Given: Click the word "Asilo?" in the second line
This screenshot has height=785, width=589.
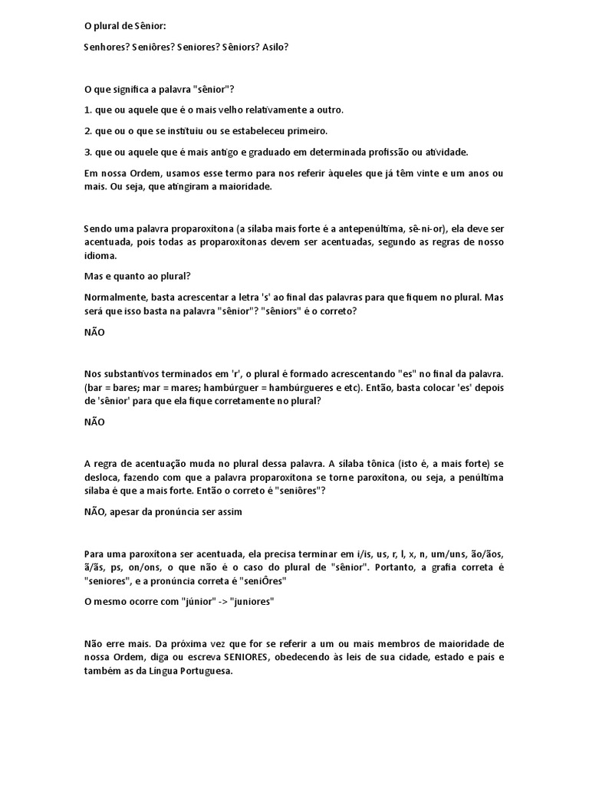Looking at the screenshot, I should pos(275,47).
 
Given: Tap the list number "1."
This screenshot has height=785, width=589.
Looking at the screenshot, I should pos(87,110).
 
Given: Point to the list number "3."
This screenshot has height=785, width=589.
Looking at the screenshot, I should pos(87,152).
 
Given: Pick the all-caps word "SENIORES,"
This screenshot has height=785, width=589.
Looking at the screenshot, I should pos(256,658).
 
